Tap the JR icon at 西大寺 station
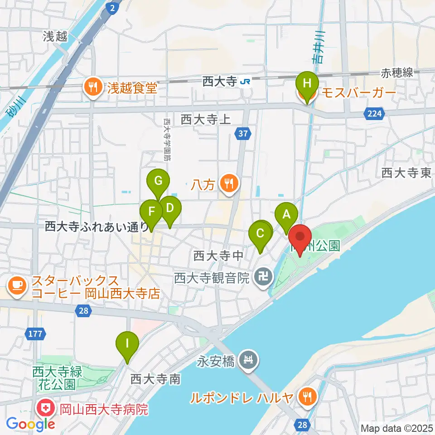(245, 82)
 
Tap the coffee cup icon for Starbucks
(17, 286)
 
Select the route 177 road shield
(34, 334)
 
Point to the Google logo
(30, 424)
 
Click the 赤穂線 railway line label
(396, 72)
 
